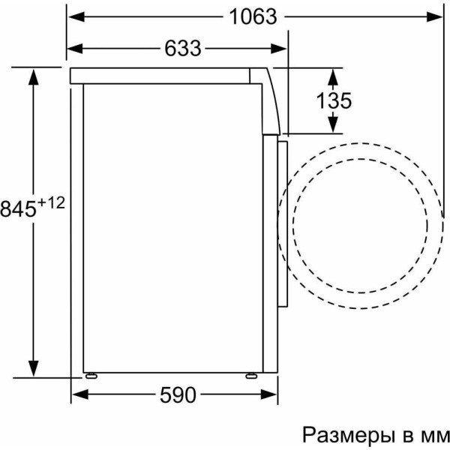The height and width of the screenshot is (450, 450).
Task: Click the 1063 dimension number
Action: (x=253, y=16)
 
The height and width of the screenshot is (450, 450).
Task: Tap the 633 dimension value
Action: (x=183, y=48)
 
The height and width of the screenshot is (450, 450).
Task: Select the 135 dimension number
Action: (x=334, y=100)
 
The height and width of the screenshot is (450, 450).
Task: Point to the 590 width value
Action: (x=178, y=395)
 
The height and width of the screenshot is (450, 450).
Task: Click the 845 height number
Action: (x=18, y=208)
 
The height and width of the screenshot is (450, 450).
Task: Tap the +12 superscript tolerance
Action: (x=51, y=203)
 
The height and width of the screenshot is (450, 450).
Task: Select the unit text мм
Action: (x=435, y=437)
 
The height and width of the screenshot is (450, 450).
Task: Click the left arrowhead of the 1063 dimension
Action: (x=76, y=17)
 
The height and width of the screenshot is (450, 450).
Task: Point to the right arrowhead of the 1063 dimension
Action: (x=434, y=17)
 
